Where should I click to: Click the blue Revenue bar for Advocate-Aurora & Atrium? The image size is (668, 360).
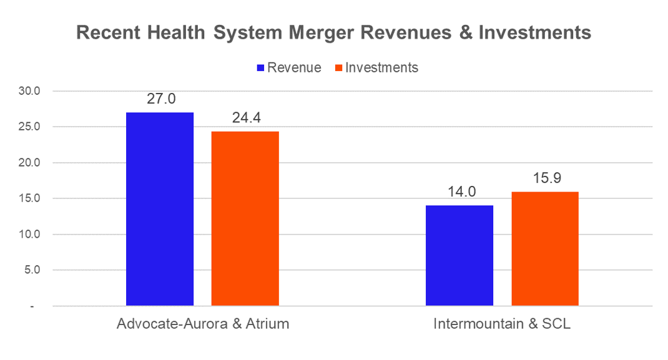point(160,209)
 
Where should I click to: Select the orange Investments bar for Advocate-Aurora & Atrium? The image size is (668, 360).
point(245,218)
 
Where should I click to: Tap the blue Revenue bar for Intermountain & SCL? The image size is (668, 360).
point(459,256)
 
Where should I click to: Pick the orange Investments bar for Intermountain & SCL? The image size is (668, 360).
point(545,249)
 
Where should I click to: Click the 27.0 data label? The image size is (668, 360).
point(160,99)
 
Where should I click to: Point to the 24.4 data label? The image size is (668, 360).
point(245,117)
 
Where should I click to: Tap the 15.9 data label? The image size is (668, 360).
point(545,178)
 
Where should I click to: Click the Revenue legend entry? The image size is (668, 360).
point(293,67)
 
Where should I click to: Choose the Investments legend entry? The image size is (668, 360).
point(381,67)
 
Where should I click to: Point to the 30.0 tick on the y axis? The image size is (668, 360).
point(28,91)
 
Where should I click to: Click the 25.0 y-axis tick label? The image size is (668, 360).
point(28,127)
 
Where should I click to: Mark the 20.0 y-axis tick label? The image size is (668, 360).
point(28,163)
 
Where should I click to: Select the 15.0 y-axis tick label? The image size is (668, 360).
point(28,198)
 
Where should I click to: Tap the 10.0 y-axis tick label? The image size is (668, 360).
point(28,235)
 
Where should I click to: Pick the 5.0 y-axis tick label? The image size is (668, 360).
point(31,270)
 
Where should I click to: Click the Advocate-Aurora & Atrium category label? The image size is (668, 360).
point(202,325)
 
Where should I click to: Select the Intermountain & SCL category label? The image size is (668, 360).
point(502,325)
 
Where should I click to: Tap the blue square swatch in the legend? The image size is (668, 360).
point(261,67)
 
